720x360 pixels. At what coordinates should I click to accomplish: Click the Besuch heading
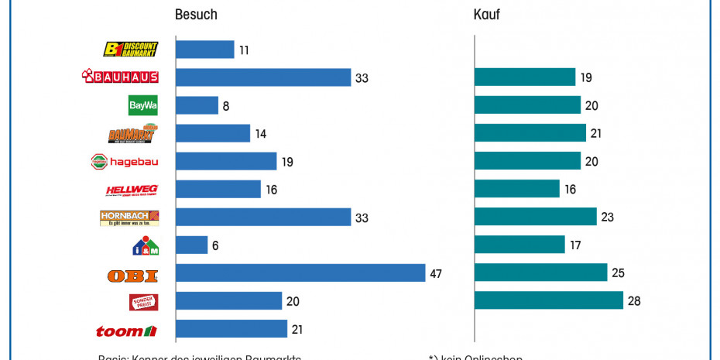coord(196,15)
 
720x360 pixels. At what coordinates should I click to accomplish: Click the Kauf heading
coord(486,15)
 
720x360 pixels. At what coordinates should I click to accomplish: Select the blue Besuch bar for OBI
coord(300,273)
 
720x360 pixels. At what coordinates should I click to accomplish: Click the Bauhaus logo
coord(120,77)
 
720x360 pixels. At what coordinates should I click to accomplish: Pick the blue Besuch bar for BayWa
coord(197,105)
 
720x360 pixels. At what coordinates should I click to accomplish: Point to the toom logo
coord(126,331)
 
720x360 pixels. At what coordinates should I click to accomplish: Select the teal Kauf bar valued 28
coord(549,300)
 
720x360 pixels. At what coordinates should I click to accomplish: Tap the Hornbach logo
coord(129,218)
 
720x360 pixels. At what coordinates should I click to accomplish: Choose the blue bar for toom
coord(231,329)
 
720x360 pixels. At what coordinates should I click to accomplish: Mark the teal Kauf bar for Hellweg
coord(517,189)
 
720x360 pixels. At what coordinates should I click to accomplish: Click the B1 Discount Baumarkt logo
coord(131,49)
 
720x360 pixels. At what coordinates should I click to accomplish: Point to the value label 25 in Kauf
coord(619,273)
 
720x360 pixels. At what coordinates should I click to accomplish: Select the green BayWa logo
coord(142,105)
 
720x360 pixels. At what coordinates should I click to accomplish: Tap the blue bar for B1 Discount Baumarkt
coord(205,50)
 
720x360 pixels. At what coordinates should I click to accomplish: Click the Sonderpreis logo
coord(143,302)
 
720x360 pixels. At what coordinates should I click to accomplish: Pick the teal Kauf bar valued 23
coord(536,217)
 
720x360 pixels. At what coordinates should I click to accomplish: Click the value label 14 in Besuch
coord(261,134)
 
